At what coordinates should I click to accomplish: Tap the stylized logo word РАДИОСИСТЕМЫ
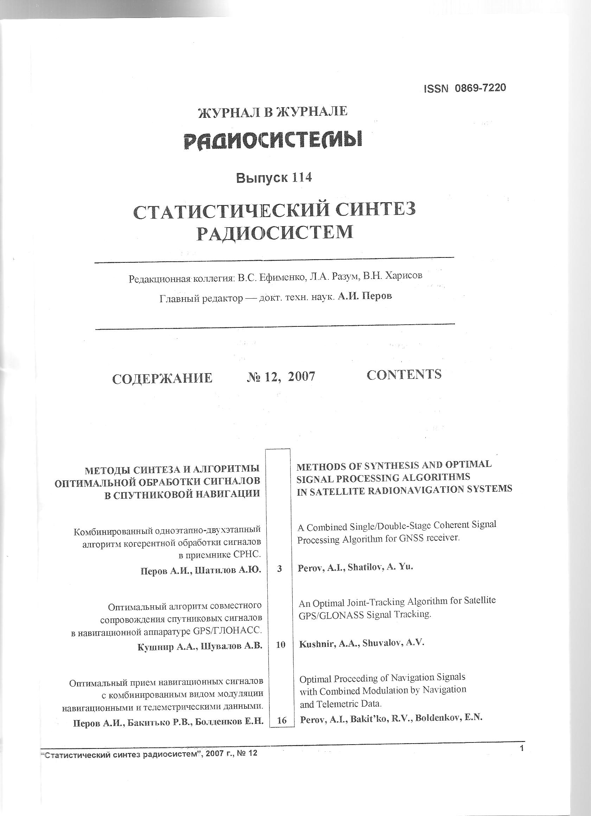click(273, 140)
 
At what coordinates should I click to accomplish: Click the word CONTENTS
click(404, 375)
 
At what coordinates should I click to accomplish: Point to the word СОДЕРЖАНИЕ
click(162, 378)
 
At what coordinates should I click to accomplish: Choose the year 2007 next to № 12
click(301, 376)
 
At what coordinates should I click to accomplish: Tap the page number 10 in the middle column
click(280, 645)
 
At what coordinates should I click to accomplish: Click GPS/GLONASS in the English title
click(331, 615)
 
